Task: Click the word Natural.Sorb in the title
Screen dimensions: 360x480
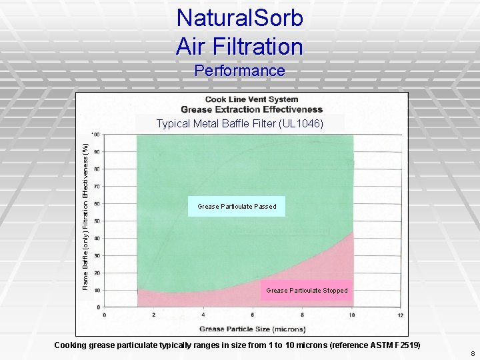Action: pyautogui.click(x=240, y=18)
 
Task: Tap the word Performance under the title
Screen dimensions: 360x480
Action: pyautogui.click(x=240, y=71)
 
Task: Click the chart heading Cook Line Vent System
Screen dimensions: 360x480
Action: pyautogui.click(x=251, y=100)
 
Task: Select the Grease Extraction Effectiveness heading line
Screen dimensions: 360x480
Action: pyautogui.click(x=251, y=109)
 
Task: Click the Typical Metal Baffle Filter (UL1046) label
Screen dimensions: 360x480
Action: pyautogui.click(x=239, y=123)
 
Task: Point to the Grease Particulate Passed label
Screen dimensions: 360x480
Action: pyautogui.click(x=237, y=207)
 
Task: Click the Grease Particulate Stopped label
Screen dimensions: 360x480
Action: pyautogui.click(x=307, y=291)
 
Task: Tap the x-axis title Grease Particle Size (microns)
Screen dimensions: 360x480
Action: pyautogui.click(x=252, y=329)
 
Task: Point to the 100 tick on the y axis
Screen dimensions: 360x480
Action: pyautogui.click(x=96, y=135)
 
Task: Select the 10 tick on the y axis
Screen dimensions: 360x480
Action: pyautogui.click(x=97, y=291)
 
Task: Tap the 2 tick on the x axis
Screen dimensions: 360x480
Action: pyautogui.click(x=154, y=315)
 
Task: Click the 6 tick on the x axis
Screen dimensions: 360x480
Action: pyautogui.click(x=253, y=315)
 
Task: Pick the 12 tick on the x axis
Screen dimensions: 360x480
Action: pyautogui.click(x=400, y=315)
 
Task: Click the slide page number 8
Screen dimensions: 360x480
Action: pyautogui.click(x=471, y=353)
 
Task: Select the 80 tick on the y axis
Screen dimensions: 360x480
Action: pyautogui.click(x=97, y=169)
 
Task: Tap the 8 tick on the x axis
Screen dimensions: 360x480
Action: pyautogui.click(x=302, y=315)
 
